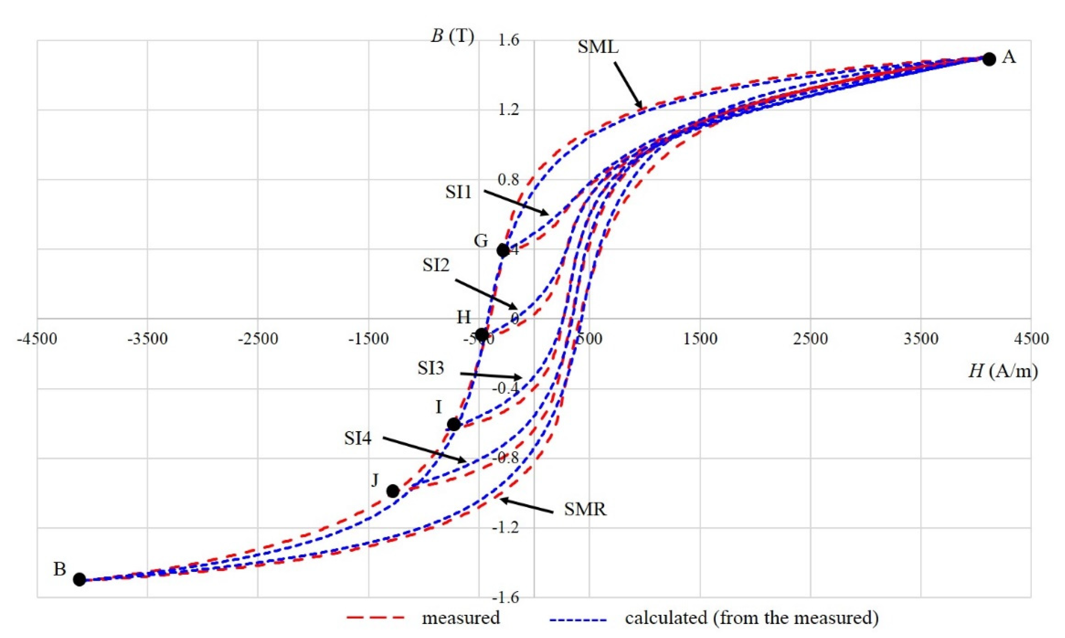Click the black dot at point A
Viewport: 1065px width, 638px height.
tap(989, 59)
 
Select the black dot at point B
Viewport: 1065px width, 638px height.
tap(79, 579)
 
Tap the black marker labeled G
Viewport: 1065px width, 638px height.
tap(503, 250)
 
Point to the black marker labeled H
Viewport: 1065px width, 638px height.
tap(482, 334)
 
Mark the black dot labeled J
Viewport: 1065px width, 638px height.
tap(393, 491)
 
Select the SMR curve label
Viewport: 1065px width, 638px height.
tap(585, 510)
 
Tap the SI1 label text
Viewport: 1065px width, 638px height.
tap(458, 192)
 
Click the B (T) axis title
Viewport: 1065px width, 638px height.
tap(453, 37)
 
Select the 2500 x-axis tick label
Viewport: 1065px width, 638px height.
tap(811, 339)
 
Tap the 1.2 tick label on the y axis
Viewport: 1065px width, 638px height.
tap(509, 110)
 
